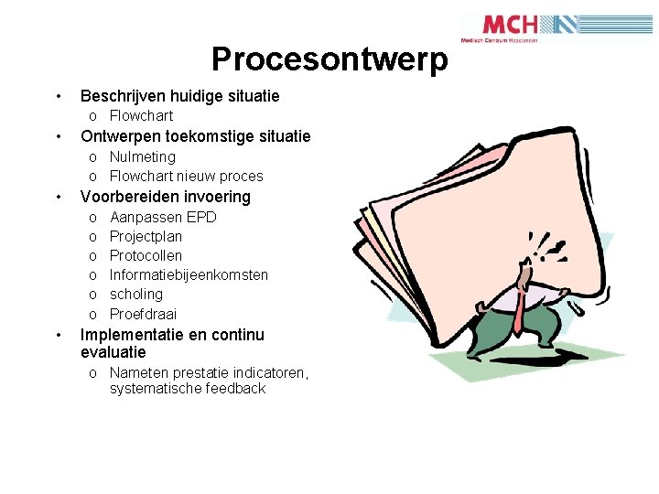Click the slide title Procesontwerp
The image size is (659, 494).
(330, 59)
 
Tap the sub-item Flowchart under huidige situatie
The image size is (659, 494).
(141, 116)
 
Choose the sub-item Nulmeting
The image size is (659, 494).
(142, 157)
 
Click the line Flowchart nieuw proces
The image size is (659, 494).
(186, 177)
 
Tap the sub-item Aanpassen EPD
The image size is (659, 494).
(163, 218)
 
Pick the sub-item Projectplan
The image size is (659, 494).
(146, 237)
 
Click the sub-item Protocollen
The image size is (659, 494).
(146, 256)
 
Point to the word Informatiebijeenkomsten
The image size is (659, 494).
(189, 275)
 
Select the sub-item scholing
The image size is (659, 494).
(135, 295)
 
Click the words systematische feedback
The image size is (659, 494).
(187, 389)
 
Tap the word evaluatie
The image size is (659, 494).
(113, 352)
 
